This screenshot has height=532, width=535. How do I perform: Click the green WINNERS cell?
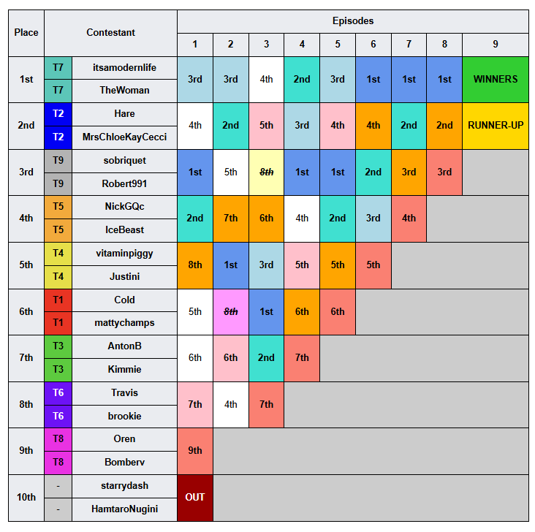495,80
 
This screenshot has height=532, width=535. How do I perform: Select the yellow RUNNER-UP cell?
495,126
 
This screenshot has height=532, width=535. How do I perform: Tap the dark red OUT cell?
195,498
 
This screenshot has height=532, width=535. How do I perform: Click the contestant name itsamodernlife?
124,67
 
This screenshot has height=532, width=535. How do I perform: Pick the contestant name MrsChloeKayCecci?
124,137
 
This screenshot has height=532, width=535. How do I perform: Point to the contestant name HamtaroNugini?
124,509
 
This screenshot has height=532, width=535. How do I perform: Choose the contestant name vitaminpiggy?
124,254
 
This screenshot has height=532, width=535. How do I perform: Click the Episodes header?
353,21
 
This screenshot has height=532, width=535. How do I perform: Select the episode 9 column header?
495,45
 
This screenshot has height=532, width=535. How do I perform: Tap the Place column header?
26,33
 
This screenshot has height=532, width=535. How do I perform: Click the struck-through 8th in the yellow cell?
266,172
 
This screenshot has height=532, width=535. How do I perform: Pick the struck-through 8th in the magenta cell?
231,312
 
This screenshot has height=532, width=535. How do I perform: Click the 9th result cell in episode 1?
195,451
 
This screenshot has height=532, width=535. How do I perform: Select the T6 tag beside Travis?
58,392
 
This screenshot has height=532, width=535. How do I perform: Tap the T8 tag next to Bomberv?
58,463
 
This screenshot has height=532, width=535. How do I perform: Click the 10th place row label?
26,498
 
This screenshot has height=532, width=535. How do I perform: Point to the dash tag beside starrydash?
58,486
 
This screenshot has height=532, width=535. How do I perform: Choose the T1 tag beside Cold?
58,300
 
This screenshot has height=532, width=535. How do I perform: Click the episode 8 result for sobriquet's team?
444,172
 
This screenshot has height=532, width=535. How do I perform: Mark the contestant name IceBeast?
124,230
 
